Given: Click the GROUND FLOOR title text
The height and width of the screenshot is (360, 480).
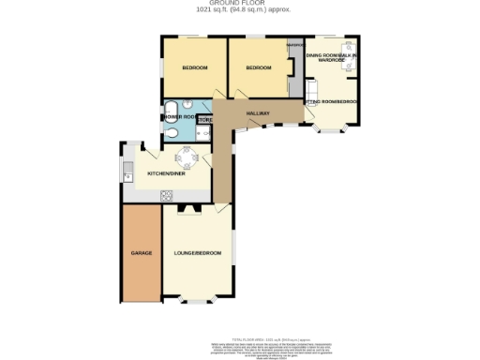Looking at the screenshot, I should coord(239,4).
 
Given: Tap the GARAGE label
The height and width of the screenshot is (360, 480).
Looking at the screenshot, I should coord(141,253).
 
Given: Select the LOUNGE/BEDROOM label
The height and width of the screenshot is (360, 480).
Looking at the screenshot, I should coord(197,253).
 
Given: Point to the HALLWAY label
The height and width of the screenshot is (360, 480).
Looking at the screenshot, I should coord(258,113).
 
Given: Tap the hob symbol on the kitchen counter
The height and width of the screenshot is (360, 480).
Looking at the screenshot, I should coord(167,195).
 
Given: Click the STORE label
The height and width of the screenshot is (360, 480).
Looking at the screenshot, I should coord(204,120).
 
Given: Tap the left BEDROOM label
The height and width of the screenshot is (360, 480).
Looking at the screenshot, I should coord(194,67).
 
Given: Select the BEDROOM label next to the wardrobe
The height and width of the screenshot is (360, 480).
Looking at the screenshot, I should coord(258,67).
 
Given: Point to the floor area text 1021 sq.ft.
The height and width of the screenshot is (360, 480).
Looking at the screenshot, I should coord(239,10).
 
